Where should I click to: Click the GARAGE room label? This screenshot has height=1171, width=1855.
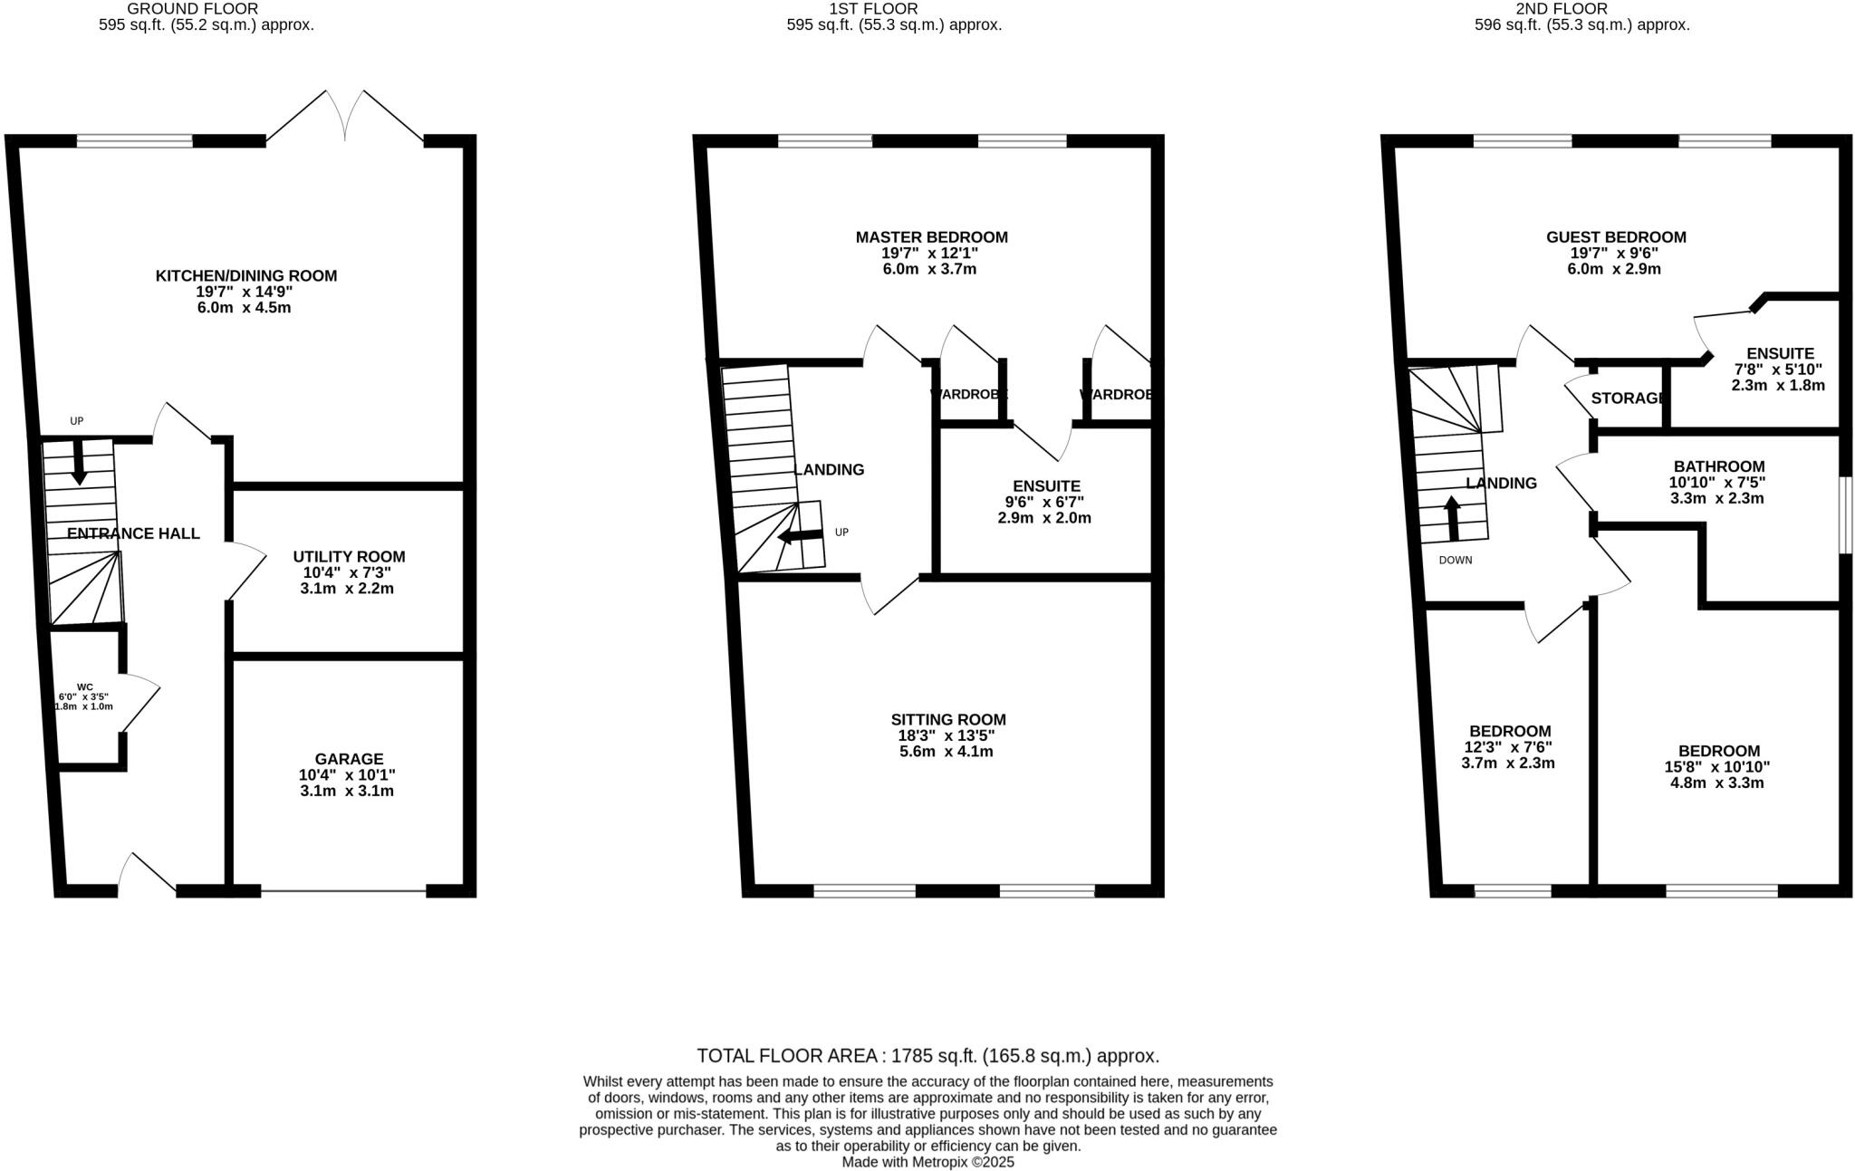349,759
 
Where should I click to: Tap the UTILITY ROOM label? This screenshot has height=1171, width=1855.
349,556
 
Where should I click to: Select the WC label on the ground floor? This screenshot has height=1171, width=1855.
85,687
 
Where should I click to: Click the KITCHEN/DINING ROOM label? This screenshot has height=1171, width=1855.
245,275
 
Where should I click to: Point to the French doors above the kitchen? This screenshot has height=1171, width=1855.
345,118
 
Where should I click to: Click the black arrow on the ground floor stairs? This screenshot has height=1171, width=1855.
79,461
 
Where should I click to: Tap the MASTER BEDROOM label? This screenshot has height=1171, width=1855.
931,237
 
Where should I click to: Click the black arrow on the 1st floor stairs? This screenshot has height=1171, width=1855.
800,536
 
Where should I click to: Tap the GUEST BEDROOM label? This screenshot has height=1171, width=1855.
1616,237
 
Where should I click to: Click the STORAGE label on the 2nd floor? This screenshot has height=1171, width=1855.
1628,398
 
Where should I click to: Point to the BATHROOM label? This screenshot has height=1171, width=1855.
1718,466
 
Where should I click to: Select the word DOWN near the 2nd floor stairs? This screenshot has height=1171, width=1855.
1456,560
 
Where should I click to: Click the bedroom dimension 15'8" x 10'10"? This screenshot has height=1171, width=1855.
1718,766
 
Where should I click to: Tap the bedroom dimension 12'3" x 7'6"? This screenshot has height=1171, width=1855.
1508,747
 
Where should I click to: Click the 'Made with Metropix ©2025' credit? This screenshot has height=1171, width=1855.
927,1162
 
